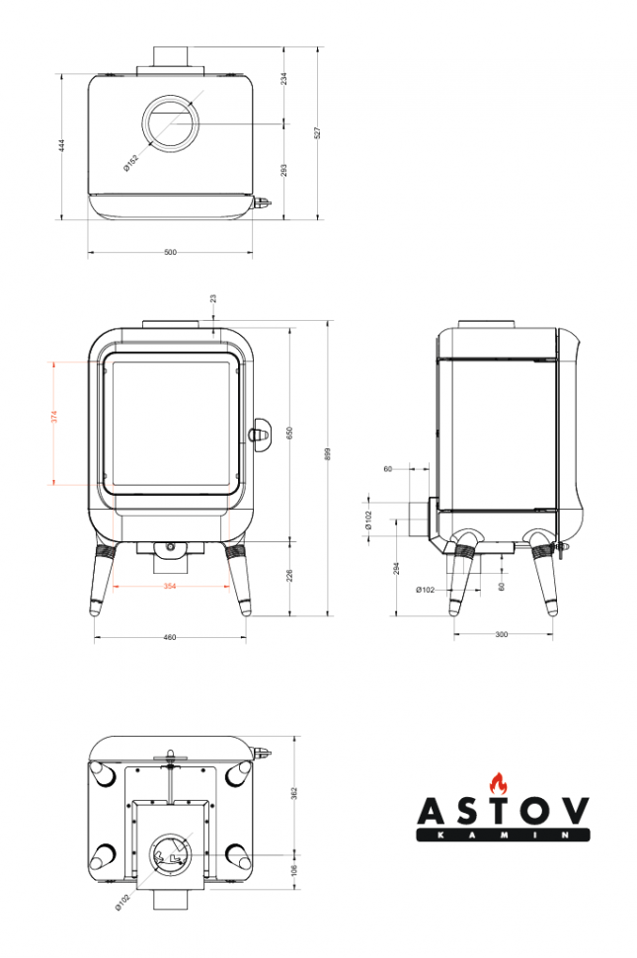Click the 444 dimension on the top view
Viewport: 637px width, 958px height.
[x=61, y=145]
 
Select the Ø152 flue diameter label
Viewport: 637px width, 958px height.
[x=130, y=163]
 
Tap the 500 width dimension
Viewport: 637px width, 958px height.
[x=171, y=252]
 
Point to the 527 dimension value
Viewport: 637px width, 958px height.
[x=316, y=132]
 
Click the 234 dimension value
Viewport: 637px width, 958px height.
[x=283, y=78]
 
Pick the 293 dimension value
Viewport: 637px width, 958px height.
[x=283, y=171]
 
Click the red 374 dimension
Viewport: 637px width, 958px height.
[x=53, y=417]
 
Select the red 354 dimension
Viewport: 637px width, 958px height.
[x=170, y=587]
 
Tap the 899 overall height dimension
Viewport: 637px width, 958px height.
[x=327, y=454]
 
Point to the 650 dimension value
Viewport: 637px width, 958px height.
[x=289, y=433]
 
